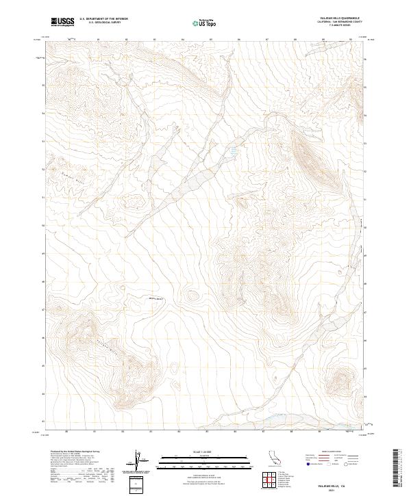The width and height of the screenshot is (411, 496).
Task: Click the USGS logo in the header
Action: click(62, 23)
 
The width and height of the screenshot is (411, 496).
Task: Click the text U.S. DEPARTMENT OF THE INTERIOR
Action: click(103, 20)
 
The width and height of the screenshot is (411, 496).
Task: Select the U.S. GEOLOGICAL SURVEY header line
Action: click(103, 23)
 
